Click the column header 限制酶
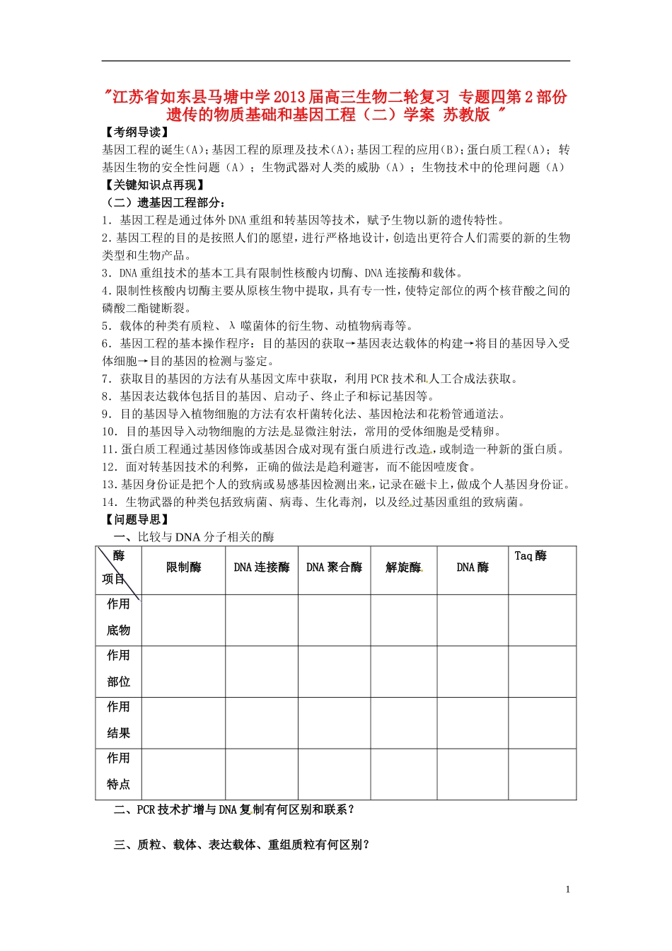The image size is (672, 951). [x=184, y=567]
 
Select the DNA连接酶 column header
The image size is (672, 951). [x=262, y=567]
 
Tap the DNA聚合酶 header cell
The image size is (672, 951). [x=334, y=567]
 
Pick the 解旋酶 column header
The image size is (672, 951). [x=403, y=567]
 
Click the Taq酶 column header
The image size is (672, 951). [x=531, y=556]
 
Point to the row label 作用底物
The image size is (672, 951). [x=118, y=617]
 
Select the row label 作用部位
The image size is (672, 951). [x=118, y=669]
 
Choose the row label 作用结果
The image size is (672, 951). [x=118, y=720]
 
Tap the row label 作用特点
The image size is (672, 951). [x=118, y=771]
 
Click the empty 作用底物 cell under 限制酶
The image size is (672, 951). [x=184, y=620]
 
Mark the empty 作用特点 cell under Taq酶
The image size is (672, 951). [x=542, y=774]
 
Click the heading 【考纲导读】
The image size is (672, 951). [x=136, y=132]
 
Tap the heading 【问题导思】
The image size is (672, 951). [x=136, y=520]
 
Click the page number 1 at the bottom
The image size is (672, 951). [x=568, y=889]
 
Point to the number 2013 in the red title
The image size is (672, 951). [x=289, y=97]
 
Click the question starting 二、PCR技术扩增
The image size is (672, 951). [x=233, y=809]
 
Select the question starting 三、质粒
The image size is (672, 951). [x=241, y=845]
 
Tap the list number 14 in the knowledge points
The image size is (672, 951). [x=109, y=502]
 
